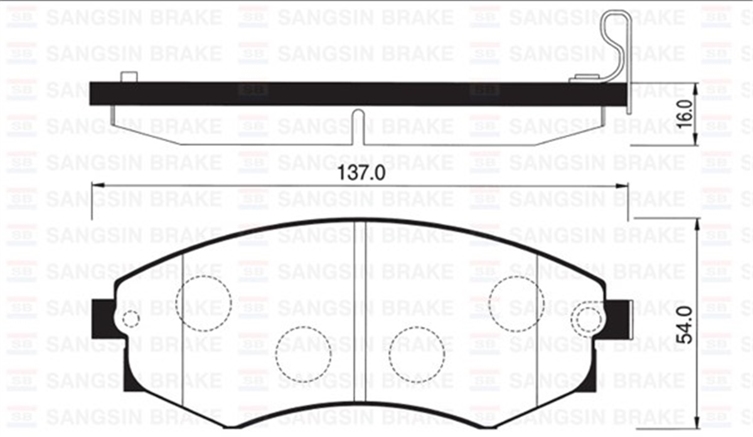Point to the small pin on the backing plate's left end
coord(128,77)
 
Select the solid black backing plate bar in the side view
coord(358,94)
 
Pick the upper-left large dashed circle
coord(203,303)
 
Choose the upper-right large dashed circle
coord(516,303)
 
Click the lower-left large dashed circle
coord(303,355)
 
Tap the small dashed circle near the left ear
coord(131,319)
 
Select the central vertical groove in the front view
coord(360,314)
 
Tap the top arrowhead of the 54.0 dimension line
coord(696,224)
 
